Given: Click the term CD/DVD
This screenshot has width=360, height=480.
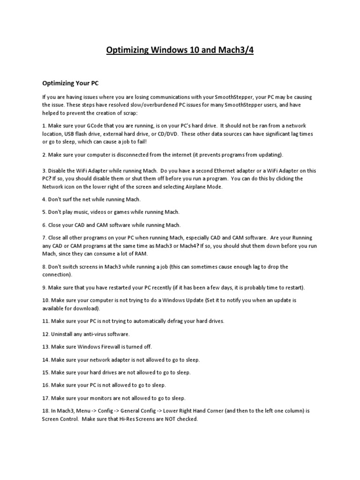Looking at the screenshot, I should click(x=170, y=134).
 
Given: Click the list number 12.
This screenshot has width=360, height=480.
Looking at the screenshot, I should click(x=45, y=334).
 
